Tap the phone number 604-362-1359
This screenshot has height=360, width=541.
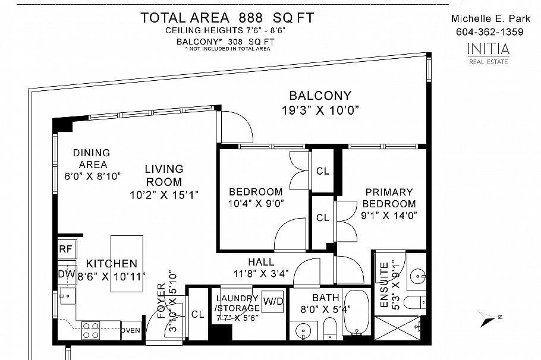[x=489, y=32]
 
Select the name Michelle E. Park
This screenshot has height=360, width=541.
[x=489, y=18]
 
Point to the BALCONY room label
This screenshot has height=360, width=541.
[x=320, y=96]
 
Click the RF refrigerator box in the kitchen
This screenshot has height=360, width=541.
[x=65, y=249]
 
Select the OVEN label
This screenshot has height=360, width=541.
[x=130, y=330]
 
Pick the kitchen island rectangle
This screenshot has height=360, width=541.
[x=127, y=263]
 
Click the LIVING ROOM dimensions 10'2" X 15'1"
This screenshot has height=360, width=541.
[x=163, y=194]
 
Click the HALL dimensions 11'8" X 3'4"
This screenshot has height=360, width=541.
[x=260, y=274]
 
